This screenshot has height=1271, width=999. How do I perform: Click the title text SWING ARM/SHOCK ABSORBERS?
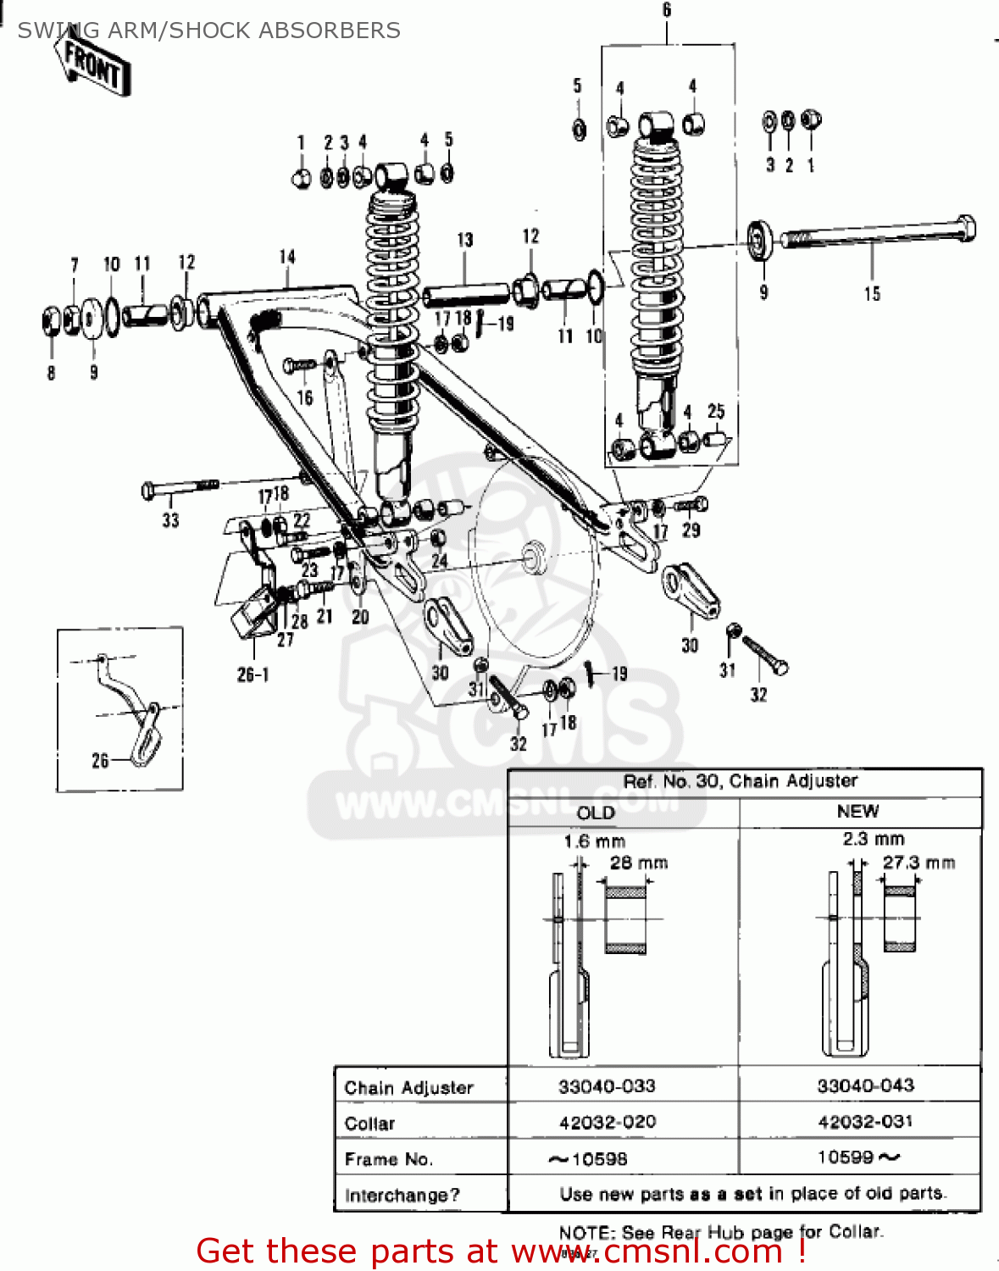pyautogui.click(x=209, y=31)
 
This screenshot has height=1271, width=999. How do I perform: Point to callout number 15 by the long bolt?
pyautogui.click(x=872, y=294)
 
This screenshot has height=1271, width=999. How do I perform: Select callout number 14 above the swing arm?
pyautogui.click(x=287, y=257)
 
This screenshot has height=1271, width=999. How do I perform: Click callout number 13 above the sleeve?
pyautogui.click(x=465, y=240)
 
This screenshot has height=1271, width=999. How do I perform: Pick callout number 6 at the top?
pyautogui.click(x=667, y=10)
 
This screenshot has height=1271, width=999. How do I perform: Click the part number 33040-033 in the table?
pyautogui.click(x=607, y=1085)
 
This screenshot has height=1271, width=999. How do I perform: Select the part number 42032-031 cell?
pyautogui.click(x=865, y=1122)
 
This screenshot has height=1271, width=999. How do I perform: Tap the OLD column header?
pyautogui.click(x=596, y=813)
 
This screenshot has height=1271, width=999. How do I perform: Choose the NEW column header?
pyautogui.click(x=857, y=811)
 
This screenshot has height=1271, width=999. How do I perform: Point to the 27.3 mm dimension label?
pyautogui.click(x=919, y=863)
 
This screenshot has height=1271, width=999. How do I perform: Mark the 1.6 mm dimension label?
pyautogui.click(x=594, y=841)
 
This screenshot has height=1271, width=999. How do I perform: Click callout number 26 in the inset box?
pyautogui.click(x=100, y=760)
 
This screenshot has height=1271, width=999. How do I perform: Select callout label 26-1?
pyautogui.click(x=253, y=674)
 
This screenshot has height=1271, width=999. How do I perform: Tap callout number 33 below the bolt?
pyautogui.click(x=170, y=520)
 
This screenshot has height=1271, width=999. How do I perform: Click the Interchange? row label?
pyautogui.click(x=402, y=1195)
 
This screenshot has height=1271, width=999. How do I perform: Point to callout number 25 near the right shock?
pyautogui.click(x=716, y=411)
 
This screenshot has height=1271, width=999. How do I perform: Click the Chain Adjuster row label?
pyautogui.click(x=408, y=1087)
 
